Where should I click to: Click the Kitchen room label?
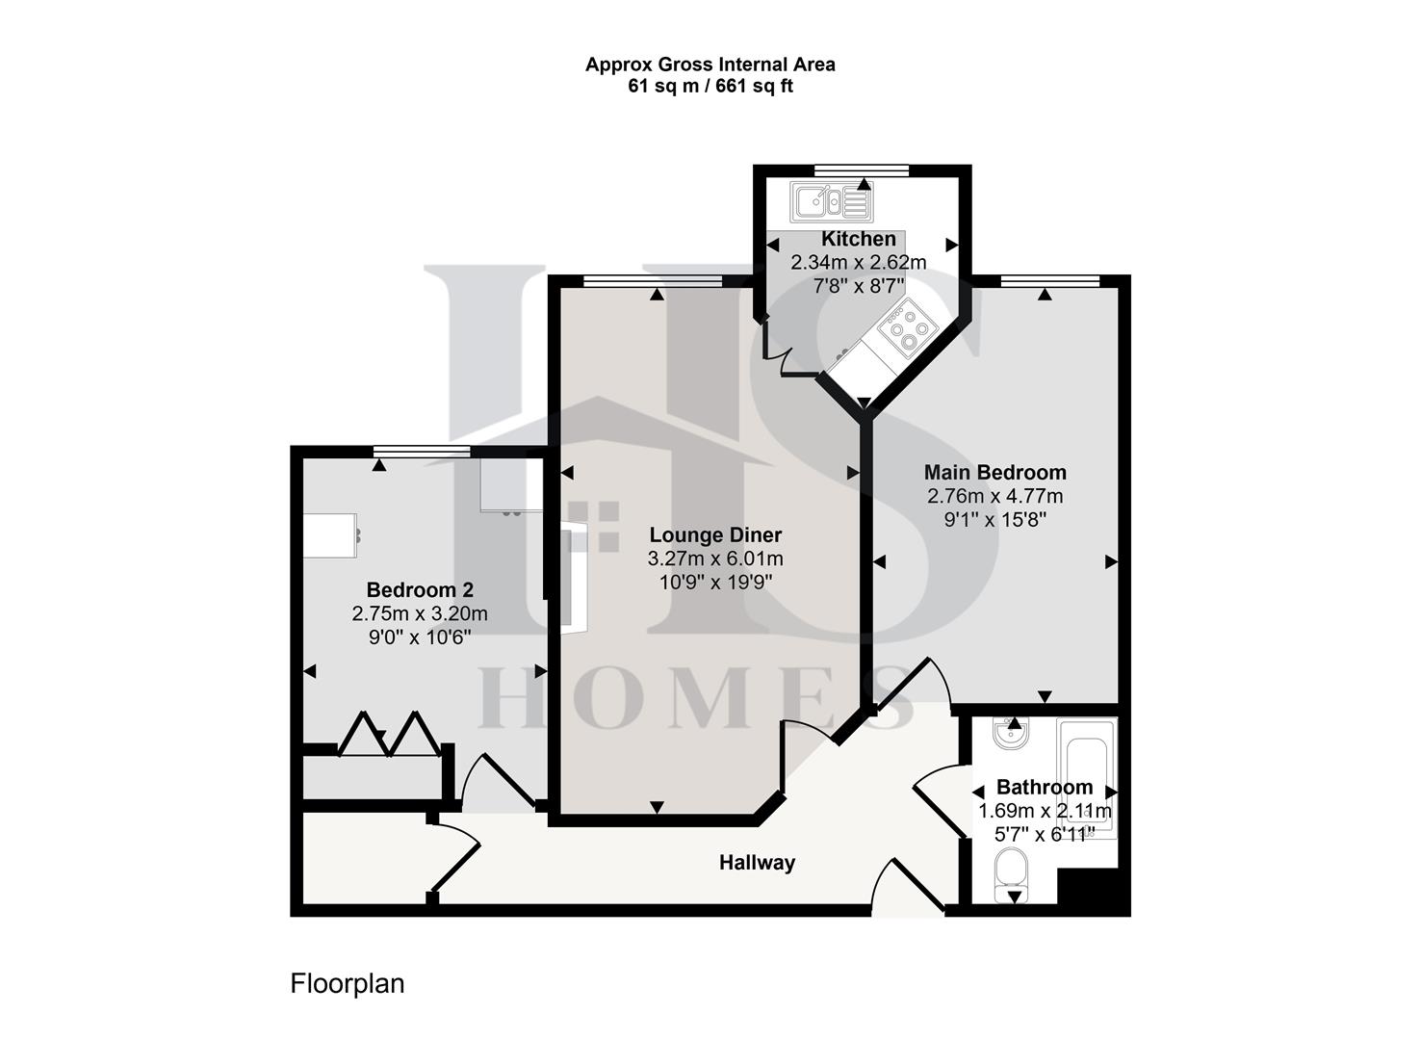(x=858, y=239)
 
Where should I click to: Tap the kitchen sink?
(x=831, y=202)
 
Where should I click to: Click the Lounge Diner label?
(x=715, y=535)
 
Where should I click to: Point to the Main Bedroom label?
(x=994, y=473)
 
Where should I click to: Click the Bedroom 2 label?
(x=420, y=590)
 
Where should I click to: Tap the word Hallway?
(x=757, y=863)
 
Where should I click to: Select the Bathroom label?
(x=1044, y=787)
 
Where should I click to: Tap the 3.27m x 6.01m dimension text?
(x=715, y=559)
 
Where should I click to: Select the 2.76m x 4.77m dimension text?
(x=994, y=497)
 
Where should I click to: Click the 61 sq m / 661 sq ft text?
(x=710, y=87)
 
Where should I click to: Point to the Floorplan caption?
(x=348, y=984)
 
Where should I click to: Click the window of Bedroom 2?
(x=422, y=452)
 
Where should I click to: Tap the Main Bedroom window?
(x=1049, y=281)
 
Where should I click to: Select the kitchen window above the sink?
(x=861, y=170)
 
